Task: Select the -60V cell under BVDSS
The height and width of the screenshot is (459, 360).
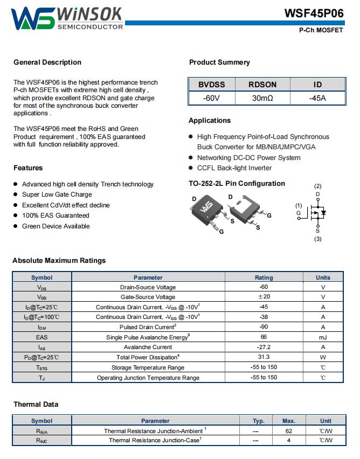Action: pos(211,98)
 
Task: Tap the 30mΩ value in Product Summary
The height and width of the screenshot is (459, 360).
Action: pos(262,98)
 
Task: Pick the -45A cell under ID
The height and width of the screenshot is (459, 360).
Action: pos(317,98)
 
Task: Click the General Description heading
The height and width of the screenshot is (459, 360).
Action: pos(47,62)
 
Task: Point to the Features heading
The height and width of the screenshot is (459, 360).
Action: pos(28,168)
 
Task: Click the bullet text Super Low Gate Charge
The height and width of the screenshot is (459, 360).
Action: pos(57,194)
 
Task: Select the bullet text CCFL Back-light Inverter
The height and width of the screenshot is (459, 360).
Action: pos(234,168)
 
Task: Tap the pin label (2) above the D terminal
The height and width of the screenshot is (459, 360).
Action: pos(318,186)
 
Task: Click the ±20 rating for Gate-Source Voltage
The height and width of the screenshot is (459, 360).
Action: pos(264,297)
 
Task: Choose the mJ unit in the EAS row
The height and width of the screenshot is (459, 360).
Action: pos(323,337)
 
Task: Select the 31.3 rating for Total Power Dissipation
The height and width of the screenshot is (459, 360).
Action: pos(264,357)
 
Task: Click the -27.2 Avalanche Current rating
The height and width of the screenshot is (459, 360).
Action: pos(264,347)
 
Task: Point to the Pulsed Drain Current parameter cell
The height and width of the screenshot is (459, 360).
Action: pos(148,327)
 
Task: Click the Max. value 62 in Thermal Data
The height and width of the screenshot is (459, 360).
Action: pos(289,431)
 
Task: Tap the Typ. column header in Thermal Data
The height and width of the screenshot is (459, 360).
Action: pos(258,421)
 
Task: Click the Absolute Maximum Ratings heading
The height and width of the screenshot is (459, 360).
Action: pos(59,261)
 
